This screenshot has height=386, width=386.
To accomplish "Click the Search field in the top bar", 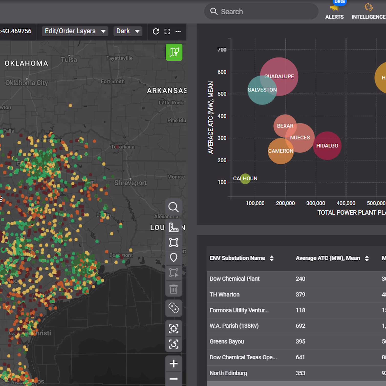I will click(x=261, y=12).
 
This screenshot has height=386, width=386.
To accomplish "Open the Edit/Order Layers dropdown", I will click(x=75, y=31).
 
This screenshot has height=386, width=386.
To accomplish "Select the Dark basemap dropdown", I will click(x=128, y=31).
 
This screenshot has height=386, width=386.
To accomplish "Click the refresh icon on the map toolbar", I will click(x=156, y=31).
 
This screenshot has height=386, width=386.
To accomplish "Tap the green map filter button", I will click(x=174, y=52).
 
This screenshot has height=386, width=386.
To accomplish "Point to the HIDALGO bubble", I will click(x=327, y=146).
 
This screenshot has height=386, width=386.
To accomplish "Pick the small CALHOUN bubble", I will click(x=245, y=179).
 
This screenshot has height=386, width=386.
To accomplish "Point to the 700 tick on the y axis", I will click(x=222, y=50).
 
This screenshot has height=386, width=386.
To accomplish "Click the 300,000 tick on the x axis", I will click(x=316, y=203).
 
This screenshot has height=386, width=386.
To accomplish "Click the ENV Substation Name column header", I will click(x=237, y=258).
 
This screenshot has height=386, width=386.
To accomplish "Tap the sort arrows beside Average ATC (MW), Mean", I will click(x=367, y=258).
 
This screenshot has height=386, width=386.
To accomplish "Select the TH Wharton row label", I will click(x=224, y=295).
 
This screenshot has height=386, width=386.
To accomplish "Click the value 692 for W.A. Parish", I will click(x=301, y=326).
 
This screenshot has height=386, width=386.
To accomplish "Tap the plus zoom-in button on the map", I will click(x=174, y=363).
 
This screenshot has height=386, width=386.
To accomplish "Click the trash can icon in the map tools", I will click(x=174, y=289).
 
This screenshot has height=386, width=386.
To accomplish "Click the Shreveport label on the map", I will click(x=131, y=183).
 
